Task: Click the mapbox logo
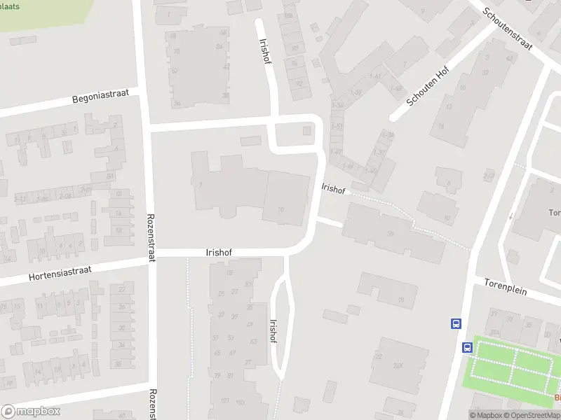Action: click(x=31, y=411)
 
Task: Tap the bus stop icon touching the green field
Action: click(x=467, y=347)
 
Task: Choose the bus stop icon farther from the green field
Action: click(x=456, y=323)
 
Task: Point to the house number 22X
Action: click(x=398, y=365)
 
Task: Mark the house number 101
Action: click(x=224, y=400)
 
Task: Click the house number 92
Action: click(x=299, y=83)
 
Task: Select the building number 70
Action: click(x=176, y=52)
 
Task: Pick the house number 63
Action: click(x=253, y=342)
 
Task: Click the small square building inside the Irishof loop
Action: click(x=306, y=131)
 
